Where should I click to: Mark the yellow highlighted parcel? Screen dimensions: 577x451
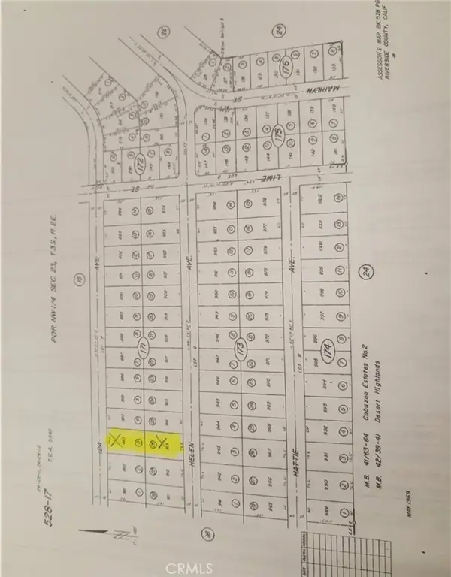tap(145, 444)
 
